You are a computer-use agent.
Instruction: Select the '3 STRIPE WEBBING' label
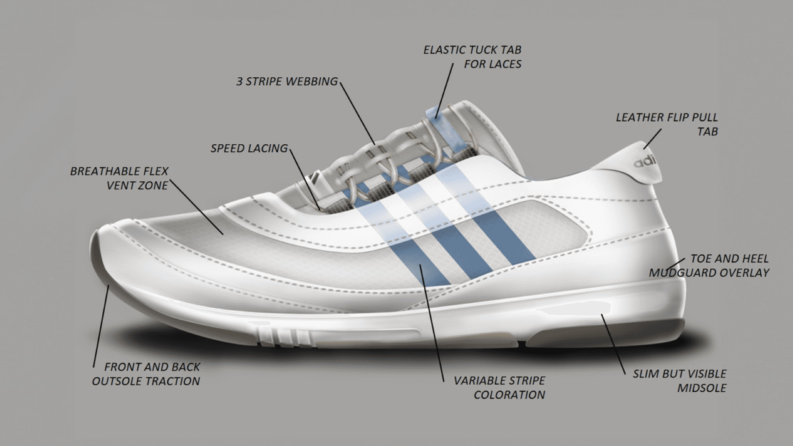pyautogui.click(x=287, y=82)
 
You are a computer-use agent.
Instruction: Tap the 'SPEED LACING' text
pyautogui.click(x=249, y=149)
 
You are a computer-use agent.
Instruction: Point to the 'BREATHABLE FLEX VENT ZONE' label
pyautogui.click(x=119, y=178)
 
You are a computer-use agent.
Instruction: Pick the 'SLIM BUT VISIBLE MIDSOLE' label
pyautogui.click(x=679, y=381)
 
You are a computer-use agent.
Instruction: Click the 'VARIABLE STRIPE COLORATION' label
pyautogui.click(x=500, y=387)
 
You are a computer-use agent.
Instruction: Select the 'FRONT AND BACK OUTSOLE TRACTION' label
pyautogui.click(x=146, y=374)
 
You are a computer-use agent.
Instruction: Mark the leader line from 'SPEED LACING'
pyautogui.click(x=305, y=178)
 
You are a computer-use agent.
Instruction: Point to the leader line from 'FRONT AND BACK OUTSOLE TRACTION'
pyautogui.click(x=101, y=325)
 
